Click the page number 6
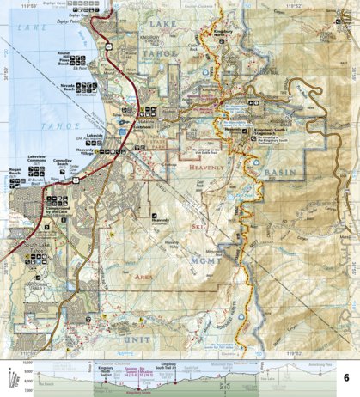coord(346,379)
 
